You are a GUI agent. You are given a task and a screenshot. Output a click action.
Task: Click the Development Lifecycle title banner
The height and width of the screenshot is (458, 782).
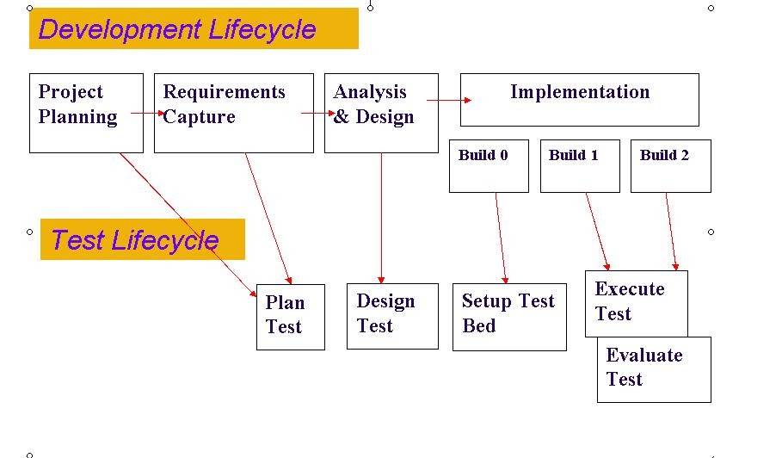(x=194, y=28)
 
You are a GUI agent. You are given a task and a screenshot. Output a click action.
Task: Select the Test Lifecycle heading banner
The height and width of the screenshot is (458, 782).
(x=142, y=239)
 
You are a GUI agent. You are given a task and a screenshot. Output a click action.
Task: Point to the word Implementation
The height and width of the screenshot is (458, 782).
(x=579, y=92)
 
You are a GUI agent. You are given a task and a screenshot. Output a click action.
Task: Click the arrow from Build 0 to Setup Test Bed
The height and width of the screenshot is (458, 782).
(x=501, y=238)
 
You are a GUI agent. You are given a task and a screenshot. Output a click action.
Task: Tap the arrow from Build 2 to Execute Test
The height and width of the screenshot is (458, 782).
(x=671, y=231)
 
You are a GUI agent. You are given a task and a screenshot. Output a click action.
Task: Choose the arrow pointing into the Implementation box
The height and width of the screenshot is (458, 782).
(x=448, y=101)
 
